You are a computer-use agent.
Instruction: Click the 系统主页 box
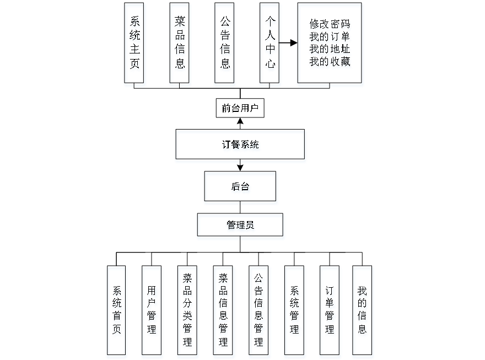click(135, 45)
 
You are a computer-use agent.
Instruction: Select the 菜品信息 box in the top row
click(180, 45)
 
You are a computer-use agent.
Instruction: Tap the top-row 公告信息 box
click(225, 45)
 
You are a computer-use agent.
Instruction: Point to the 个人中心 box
click(270, 45)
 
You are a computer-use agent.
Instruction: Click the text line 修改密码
click(330, 25)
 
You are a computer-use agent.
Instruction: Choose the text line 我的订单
click(330, 38)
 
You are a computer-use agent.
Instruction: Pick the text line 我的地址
click(330, 50)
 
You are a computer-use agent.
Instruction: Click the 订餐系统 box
click(240, 146)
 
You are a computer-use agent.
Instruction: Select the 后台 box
click(240, 189)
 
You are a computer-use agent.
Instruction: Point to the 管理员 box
click(240, 227)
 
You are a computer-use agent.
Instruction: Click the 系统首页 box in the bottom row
click(117, 311)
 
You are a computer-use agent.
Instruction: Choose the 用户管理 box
click(152, 311)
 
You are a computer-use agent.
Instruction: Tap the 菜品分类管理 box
click(188, 311)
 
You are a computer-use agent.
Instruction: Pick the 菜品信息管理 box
click(223, 311)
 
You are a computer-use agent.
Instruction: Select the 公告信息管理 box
click(259, 311)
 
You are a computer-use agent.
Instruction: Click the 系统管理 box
click(295, 311)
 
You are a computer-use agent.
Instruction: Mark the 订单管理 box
click(330, 311)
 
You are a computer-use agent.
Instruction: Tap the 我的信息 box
click(363, 311)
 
